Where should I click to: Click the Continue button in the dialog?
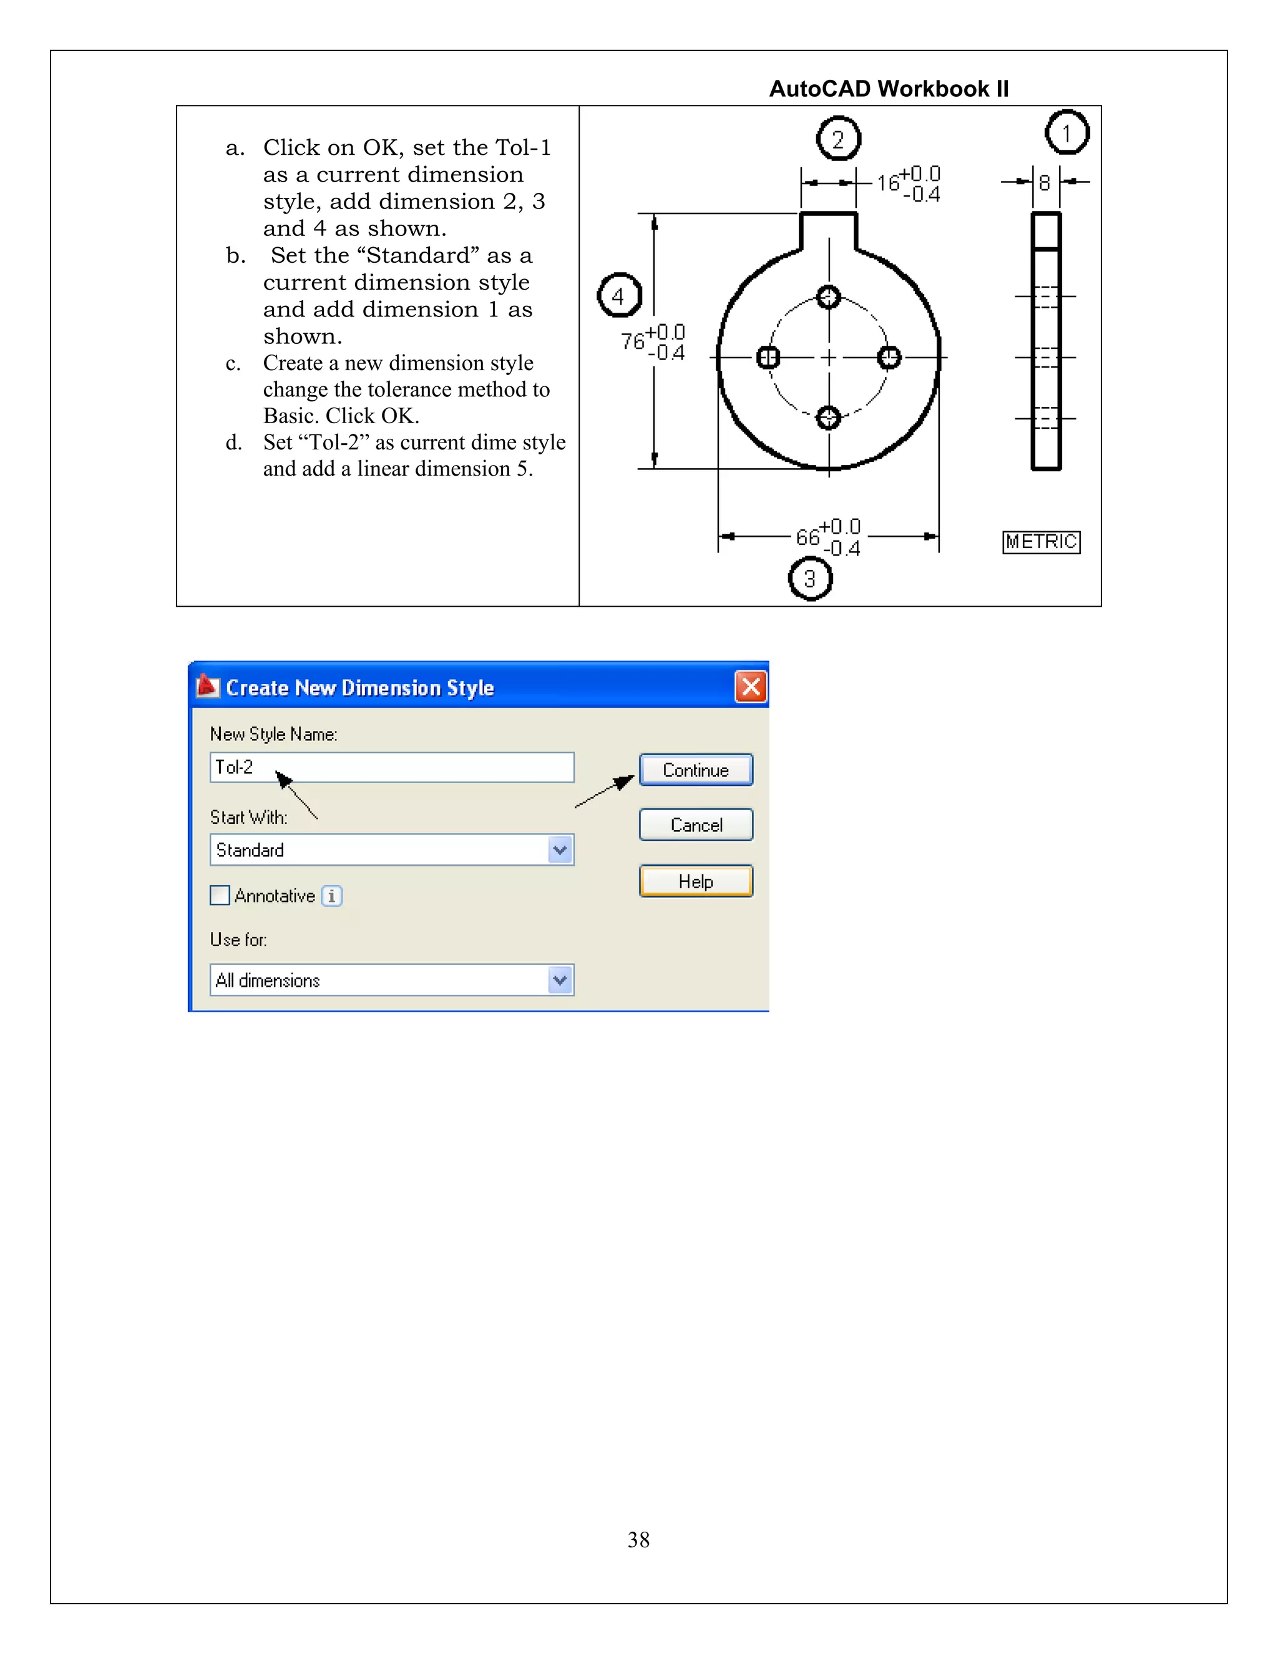(695, 770)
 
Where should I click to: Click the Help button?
(695, 881)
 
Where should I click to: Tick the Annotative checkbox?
(220, 895)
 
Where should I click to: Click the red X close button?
(750, 687)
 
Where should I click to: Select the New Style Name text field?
(391, 767)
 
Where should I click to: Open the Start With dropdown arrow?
(560, 849)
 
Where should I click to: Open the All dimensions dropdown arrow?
(560, 980)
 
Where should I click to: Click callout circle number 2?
(837, 139)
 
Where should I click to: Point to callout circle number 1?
(1066, 132)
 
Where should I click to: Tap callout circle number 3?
(809, 579)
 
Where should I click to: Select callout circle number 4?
(618, 295)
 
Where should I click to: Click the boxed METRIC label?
(1041, 542)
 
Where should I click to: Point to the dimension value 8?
(1044, 182)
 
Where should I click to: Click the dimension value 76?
(633, 341)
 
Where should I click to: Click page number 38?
(638, 1540)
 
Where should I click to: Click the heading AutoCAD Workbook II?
(889, 89)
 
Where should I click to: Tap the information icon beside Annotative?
(331, 896)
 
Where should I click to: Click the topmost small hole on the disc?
(828, 296)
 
